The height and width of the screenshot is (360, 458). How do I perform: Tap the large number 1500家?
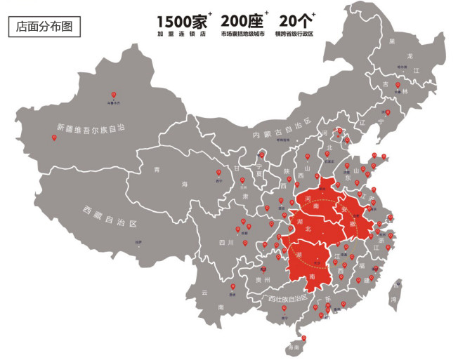pos(181,20)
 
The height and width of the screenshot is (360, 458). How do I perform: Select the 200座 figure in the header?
pos(242,20)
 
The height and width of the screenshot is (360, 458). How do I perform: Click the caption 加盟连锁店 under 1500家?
pos(181,34)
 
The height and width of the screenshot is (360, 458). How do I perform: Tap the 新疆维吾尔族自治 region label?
pos(91,128)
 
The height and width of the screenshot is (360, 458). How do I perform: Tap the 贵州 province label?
pos(263,279)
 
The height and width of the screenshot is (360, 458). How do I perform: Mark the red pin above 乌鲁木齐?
pos(113,95)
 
